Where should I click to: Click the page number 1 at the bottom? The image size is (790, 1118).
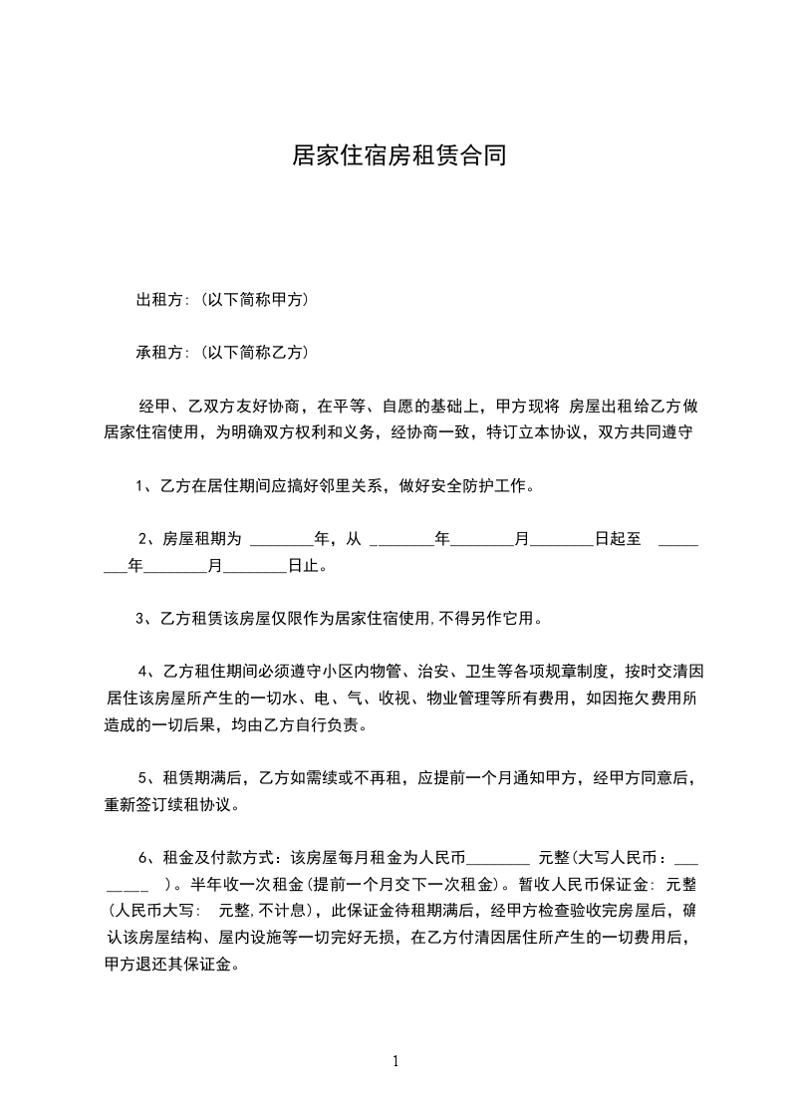pyautogui.click(x=395, y=1060)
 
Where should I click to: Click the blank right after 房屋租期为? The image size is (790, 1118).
pyautogui.click(x=281, y=540)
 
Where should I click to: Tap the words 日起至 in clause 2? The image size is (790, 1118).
pyautogui.click(x=617, y=540)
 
